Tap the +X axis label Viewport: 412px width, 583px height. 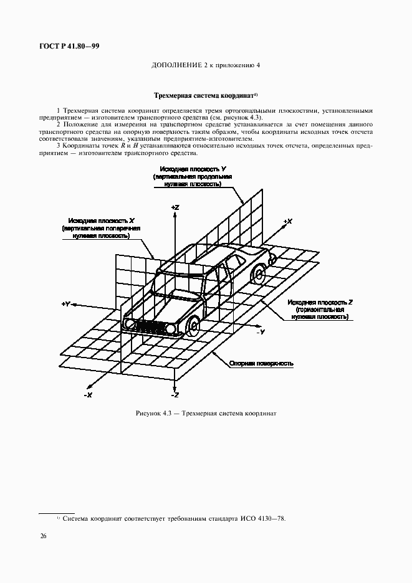pyautogui.click(x=287, y=222)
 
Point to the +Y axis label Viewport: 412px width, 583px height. pyautogui.click(x=66, y=303)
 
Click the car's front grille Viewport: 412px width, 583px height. pyautogui.click(x=149, y=326)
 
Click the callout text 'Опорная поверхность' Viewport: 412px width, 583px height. pyautogui.click(x=261, y=363)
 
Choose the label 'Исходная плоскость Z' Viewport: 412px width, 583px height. pyautogui.click(x=319, y=301)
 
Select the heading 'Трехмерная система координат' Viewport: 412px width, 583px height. pyautogui.click(x=204, y=97)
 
